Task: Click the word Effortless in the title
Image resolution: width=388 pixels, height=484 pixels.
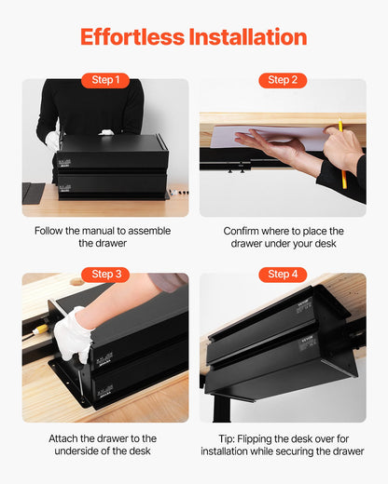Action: [132, 37]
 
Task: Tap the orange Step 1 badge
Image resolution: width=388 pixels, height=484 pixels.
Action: [105, 80]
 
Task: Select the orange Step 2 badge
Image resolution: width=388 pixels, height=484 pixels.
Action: [282, 80]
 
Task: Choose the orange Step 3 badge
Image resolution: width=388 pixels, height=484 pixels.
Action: [105, 274]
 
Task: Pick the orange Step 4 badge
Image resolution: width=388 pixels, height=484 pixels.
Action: [282, 274]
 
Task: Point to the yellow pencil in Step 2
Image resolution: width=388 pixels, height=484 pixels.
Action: [341, 154]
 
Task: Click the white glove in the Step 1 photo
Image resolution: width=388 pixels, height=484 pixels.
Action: [52, 140]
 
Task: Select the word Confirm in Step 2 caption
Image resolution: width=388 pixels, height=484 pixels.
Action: [245, 231]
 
